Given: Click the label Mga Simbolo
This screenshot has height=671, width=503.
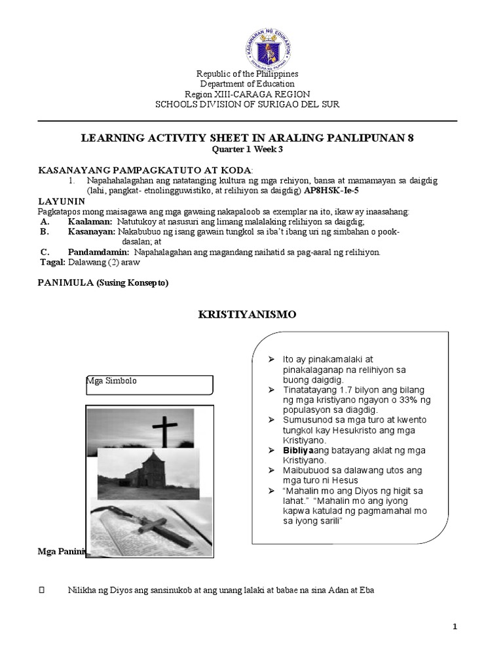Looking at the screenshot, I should (x=112, y=381).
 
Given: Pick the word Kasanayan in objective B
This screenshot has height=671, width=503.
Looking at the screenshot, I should (x=92, y=232).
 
